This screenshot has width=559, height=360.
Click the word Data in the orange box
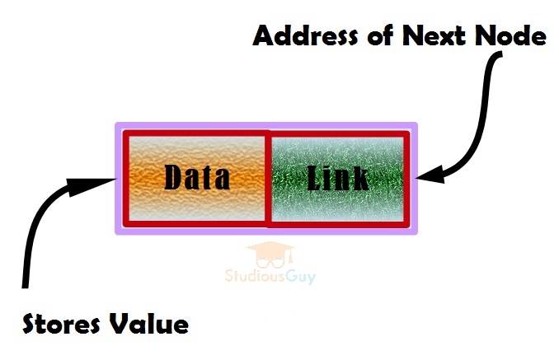click(197, 177)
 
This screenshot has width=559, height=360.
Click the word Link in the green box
click(338, 178)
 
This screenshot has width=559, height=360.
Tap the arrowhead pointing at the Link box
click(429, 175)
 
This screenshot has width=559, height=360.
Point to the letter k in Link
click(360, 178)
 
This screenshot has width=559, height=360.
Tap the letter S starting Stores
click(31, 324)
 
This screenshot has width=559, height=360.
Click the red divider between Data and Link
click(267, 178)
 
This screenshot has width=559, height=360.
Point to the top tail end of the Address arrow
click(497, 58)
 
